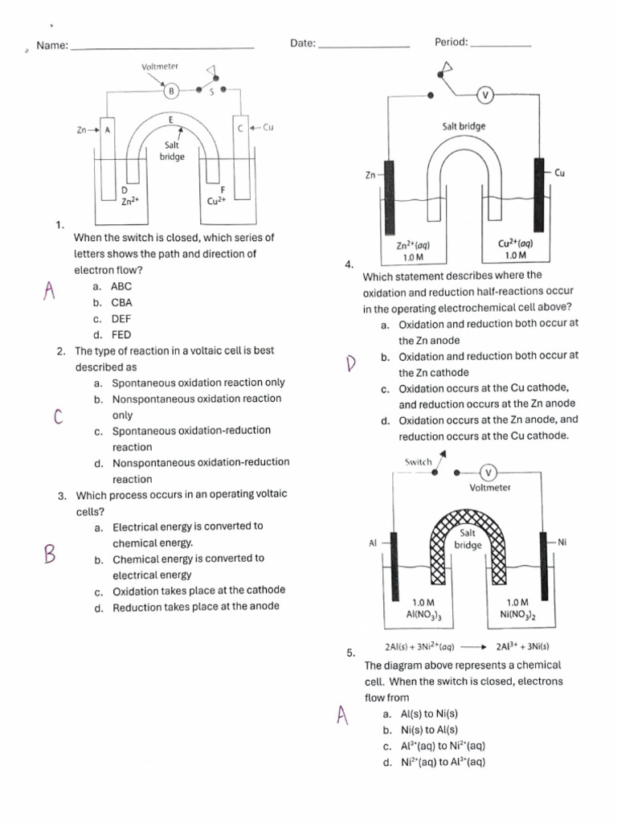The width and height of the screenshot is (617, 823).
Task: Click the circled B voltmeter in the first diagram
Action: click(x=171, y=92)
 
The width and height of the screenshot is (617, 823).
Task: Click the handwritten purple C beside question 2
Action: click(x=57, y=416)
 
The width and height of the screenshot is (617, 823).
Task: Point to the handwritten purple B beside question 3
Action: click(x=50, y=554)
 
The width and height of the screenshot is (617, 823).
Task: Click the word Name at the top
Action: click(x=52, y=46)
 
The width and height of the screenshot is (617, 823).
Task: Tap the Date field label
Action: click(x=302, y=43)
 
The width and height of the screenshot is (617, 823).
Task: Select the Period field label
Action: click(x=451, y=42)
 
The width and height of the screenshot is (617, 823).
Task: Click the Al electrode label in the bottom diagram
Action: click(x=373, y=543)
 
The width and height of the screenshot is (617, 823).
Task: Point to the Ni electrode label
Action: click(x=562, y=543)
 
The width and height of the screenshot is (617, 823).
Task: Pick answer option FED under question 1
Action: click(x=121, y=335)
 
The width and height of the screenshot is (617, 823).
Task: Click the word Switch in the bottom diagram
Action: click(x=419, y=462)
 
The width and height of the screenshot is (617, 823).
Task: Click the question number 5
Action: click(x=350, y=653)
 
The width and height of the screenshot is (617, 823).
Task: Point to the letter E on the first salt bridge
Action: click(x=170, y=120)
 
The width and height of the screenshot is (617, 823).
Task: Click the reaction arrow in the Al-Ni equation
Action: click(x=475, y=646)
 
